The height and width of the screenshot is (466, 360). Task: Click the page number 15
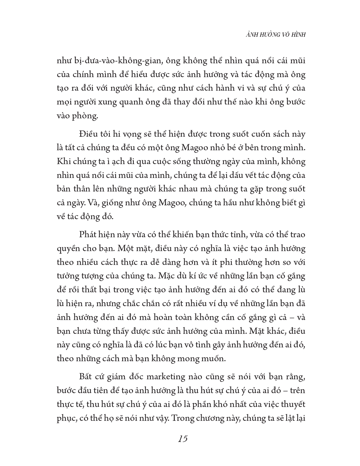(183, 439)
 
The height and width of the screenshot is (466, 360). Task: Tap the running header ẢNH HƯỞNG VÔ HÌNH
(272, 35)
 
